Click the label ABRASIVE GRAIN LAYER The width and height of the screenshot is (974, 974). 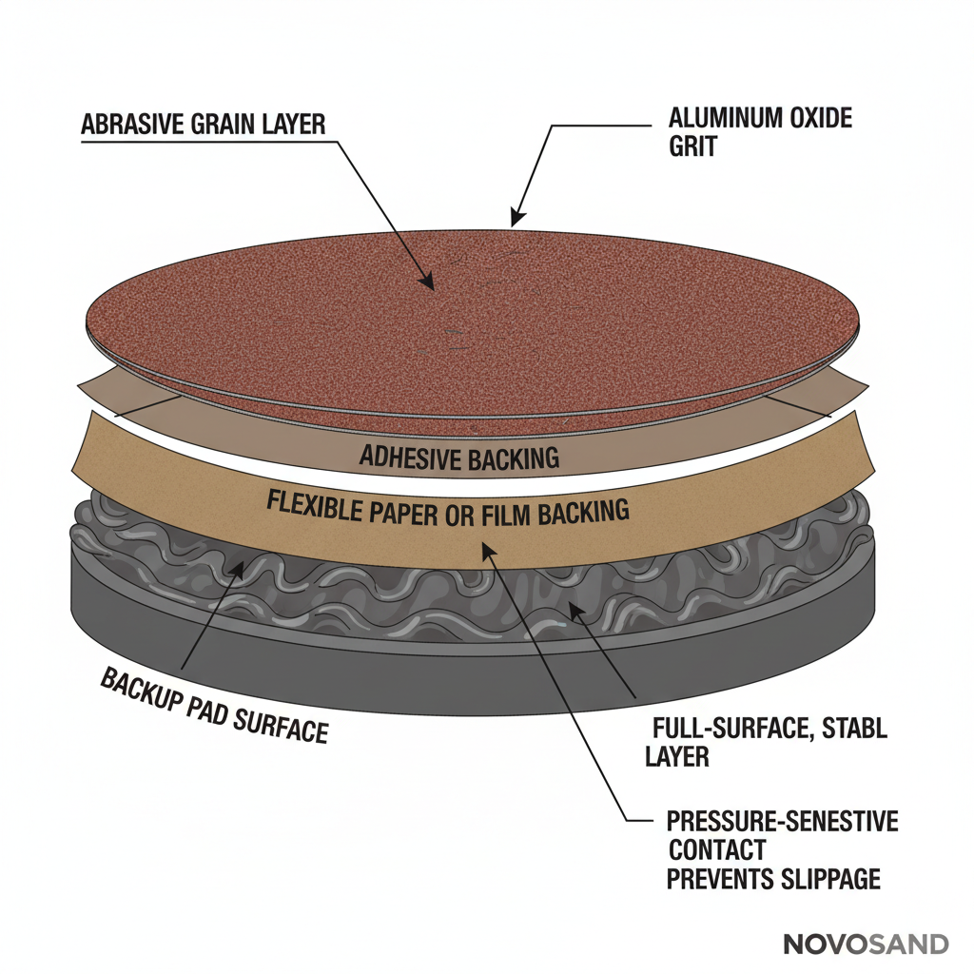click(204, 124)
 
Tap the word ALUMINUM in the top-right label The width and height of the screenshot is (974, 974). click(724, 119)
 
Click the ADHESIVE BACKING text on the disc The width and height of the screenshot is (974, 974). click(458, 458)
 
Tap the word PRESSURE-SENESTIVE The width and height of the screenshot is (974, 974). click(782, 820)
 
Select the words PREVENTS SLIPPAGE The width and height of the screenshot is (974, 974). click(772, 879)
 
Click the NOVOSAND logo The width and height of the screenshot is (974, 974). click(866, 945)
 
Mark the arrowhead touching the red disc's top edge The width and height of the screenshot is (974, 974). click(515, 220)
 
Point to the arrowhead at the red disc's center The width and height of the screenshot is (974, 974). click(429, 282)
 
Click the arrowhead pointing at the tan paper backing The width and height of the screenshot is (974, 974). click(488, 548)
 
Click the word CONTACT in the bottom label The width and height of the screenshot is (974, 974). click(716, 849)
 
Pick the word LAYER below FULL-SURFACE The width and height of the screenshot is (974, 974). click(676, 757)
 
